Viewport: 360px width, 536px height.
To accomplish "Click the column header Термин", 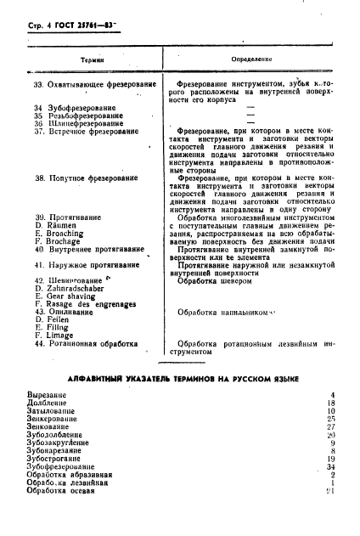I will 91,60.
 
